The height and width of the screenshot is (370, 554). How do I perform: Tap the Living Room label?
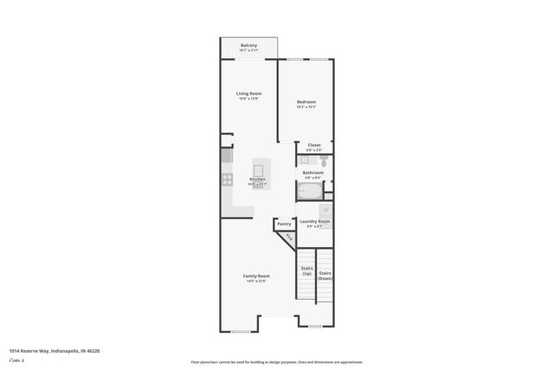[249, 94]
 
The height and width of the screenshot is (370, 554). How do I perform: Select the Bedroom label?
[306, 102]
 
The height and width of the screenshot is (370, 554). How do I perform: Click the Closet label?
[314, 145]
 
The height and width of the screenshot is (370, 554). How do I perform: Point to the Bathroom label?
[312, 172]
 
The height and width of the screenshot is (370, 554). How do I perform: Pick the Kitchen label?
[257, 179]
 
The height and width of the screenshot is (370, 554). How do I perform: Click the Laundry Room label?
[315, 222]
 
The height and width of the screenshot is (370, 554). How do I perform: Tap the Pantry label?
[284, 225]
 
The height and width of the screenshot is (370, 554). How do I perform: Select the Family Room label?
[257, 276]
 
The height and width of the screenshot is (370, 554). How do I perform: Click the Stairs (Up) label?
[306, 270]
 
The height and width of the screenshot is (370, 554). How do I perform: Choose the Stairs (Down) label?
[325, 276]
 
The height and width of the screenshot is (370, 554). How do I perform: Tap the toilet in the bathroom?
[322, 160]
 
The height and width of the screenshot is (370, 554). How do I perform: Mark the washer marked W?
[325, 210]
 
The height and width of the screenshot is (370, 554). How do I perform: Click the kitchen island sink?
[259, 167]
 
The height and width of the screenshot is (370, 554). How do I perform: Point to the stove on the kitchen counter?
[227, 179]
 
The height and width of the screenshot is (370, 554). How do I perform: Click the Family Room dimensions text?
[257, 281]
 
